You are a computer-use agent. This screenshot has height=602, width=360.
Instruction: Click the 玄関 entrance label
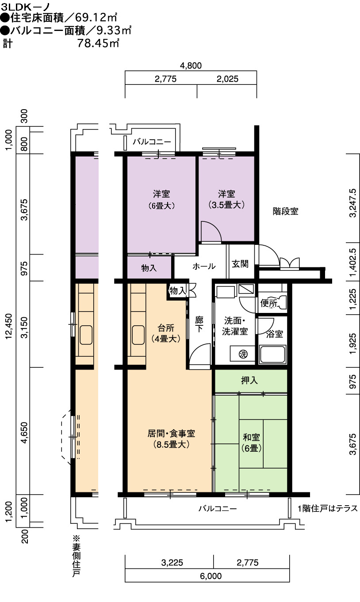click(x=240, y=264)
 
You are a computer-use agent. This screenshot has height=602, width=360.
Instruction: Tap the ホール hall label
click(x=204, y=267)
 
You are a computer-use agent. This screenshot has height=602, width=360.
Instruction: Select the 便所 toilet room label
click(x=269, y=303)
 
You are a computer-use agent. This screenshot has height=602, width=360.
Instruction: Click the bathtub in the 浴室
click(x=272, y=354)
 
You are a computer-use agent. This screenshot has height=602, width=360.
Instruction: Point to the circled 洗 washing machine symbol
click(x=243, y=354)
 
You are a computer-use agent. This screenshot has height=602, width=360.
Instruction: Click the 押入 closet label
click(x=249, y=380)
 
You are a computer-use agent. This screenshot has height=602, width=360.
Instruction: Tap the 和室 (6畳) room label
click(x=251, y=442)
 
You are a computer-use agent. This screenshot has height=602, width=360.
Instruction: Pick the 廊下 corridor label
click(x=199, y=324)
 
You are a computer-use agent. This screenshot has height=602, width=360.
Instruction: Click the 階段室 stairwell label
click(x=286, y=211)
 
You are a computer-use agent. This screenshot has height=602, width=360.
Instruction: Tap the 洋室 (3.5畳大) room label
click(x=226, y=199)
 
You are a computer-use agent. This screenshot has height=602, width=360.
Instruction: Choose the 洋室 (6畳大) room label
click(x=161, y=200)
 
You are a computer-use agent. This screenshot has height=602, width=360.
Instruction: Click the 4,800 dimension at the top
click(x=191, y=65)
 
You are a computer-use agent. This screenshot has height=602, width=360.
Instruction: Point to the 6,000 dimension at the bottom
click(x=211, y=575)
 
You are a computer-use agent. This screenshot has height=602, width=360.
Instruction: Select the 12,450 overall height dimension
click(x=9, y=326)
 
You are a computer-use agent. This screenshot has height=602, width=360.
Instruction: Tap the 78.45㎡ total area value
click(x=98, y=43)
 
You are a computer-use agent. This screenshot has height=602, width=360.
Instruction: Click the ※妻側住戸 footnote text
click(x=77, y=556)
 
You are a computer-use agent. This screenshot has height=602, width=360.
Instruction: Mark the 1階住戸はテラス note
click(x=328, y=508)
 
